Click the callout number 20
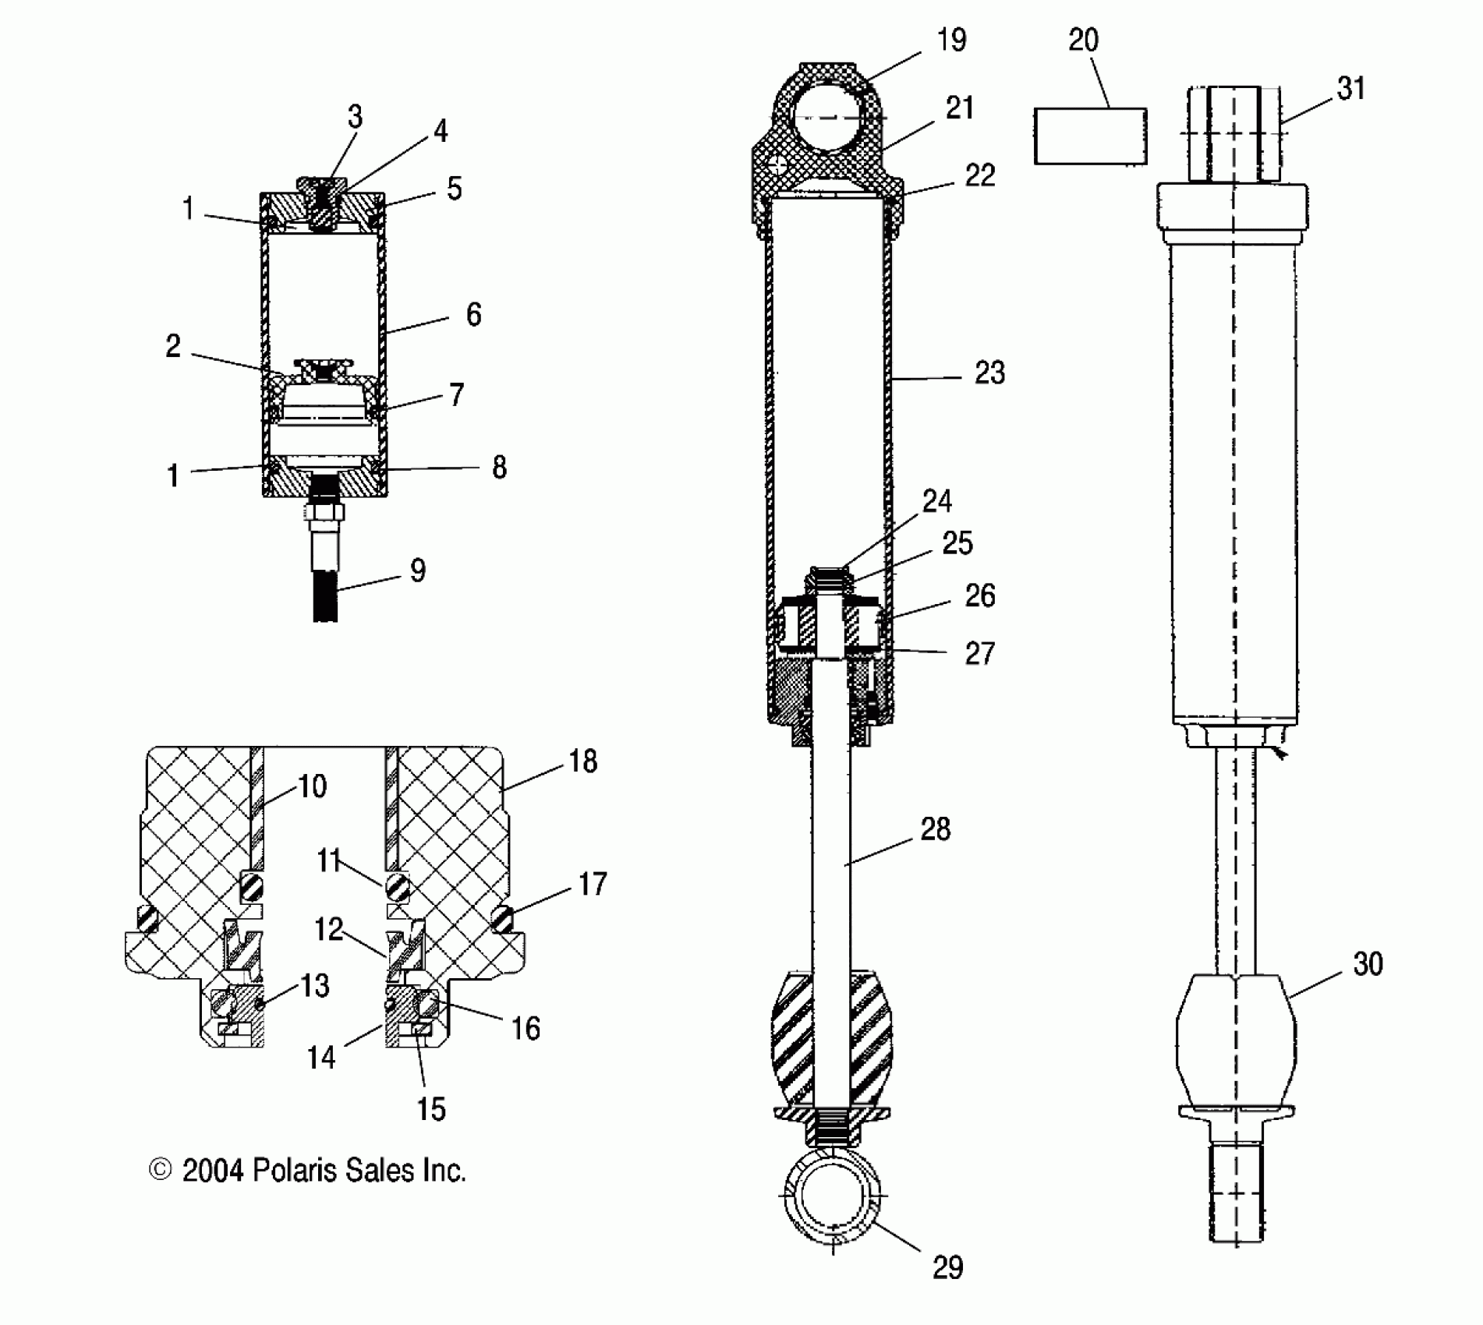(x=1083, y=41)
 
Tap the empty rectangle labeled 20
(x=1090, y=136)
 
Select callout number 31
(x=1351, y=89)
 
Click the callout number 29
(x=947, y=1268)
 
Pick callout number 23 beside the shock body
(x=989, y=373)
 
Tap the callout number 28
(x=936, y=829)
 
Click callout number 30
(x=1368, y=964)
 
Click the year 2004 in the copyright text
(x=213, y=1171)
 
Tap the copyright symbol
(x=160, y=1170)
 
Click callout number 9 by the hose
(x=418, y=571)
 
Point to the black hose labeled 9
(x=325, y=596)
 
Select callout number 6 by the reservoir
(x=473, y=315)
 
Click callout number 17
(x=593, y=884)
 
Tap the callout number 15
(x=431, y=1108)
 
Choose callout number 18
(x=583, y=761)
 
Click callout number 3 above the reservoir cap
(x=355, y=118)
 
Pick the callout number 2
(x=173, y=346)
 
